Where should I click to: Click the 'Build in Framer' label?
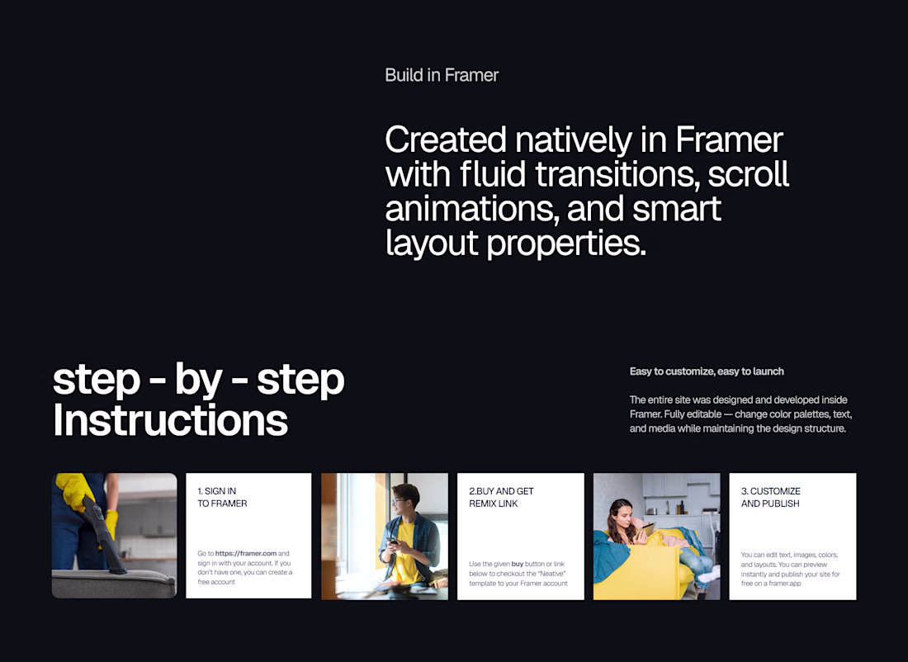(442, 75)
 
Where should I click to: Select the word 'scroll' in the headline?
(748, 173)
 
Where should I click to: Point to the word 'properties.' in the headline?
(565, 244)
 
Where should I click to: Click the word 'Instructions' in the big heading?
(170, 420)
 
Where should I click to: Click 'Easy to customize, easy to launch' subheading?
(707, 371)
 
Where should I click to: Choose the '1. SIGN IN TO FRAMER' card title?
(222, 497)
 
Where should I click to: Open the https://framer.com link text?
(246, 553)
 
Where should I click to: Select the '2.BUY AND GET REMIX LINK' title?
(501, 497)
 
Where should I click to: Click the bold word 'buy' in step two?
(517, 564)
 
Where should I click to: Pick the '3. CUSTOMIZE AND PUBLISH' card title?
(771, 497)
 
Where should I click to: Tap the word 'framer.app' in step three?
(785, 584)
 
